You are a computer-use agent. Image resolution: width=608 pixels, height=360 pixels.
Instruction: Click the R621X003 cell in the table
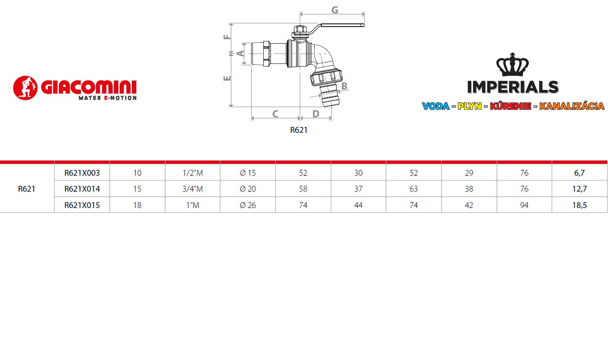pos(82,173)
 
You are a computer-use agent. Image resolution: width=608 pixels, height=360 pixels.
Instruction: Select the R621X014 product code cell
pos(82,189)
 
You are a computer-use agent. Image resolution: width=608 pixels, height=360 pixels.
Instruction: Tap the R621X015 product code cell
pos(82,205)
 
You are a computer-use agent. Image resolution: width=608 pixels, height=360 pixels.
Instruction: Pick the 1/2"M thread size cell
pos(193,173)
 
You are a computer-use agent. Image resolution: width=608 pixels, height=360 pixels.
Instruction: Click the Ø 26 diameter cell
pos(248,205)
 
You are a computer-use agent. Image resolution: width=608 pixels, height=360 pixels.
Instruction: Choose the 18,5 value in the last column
pos(580,205)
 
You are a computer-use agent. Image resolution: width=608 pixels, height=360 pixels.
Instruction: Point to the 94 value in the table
pos(524,205)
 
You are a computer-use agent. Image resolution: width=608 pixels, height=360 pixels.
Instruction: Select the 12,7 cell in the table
pos(580,189)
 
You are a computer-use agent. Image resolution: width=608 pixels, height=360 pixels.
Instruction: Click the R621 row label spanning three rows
pos(27,189)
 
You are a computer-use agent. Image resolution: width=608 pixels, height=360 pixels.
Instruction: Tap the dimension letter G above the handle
pos(335,10)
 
